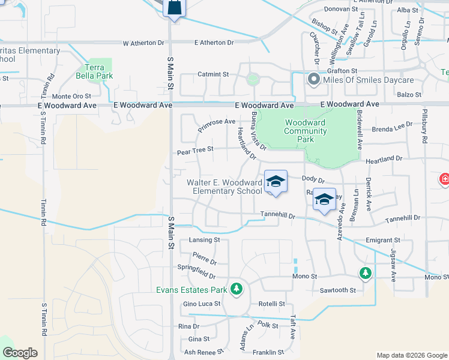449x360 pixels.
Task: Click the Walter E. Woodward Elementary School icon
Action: coord(276,182)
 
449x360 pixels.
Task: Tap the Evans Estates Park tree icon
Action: coord(237,289)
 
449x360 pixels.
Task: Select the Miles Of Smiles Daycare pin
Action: coord(313,80)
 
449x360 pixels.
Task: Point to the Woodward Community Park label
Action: coord(305,131)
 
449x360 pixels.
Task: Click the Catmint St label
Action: coord(213,74)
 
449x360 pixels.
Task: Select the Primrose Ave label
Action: coord(217,124)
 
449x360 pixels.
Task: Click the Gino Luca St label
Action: coord(202,304)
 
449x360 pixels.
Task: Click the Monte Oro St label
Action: coord(71,96)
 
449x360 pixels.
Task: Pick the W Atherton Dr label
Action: coord(143,43)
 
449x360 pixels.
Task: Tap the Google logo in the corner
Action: coord(20,353)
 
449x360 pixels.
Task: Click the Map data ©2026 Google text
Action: coord(411,355)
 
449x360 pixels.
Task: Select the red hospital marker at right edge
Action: coord(445,178)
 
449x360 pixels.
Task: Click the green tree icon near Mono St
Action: coord(365,273)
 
